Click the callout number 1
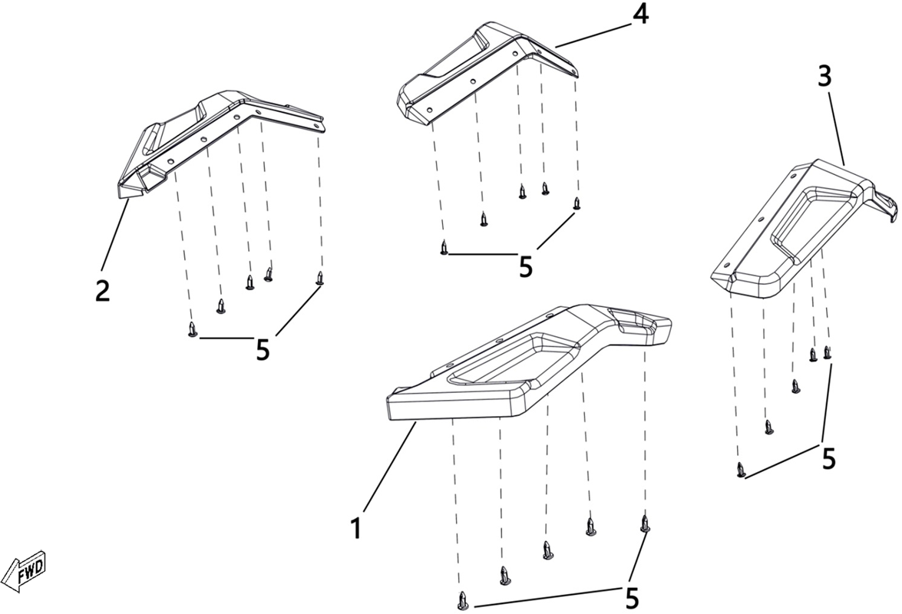coord(357,527)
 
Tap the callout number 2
coord(102,291)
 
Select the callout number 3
coord(824,77)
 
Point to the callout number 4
coord(640,15)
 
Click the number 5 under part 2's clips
coord(263,349)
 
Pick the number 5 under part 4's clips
coord(526,267)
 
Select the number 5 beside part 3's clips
coord(828,459)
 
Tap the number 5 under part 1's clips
coord(632,599)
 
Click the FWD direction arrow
coord(24,571)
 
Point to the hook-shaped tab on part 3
coord(885,204)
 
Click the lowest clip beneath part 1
coord(463,601)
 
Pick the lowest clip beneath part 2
coord(193,330)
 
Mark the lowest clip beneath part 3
coord(741,470)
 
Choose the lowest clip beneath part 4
coord(444,248)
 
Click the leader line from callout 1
coord(389,466)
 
